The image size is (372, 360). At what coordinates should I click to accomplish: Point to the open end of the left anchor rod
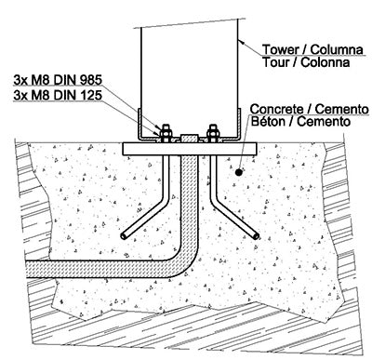125,238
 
